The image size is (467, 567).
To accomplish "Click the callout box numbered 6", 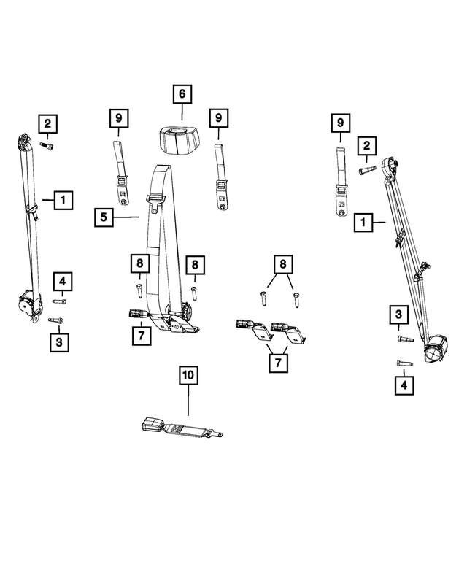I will tap(182, 94).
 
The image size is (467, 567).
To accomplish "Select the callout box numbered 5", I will tap(104, 217).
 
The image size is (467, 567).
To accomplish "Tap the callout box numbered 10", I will tap(188, 376).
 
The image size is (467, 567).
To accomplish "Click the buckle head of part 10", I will tap(155, 425).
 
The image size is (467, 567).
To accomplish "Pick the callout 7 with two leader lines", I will tap(277, 361).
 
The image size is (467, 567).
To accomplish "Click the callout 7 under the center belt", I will tap(142, 335).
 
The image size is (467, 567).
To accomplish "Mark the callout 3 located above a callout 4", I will tap(399, 315).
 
